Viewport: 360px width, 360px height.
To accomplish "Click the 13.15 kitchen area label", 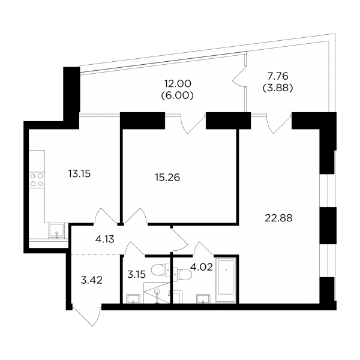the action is (79, 174).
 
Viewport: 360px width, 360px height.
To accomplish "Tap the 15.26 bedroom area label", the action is (167, 178).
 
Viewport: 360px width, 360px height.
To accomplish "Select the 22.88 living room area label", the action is (278, 218).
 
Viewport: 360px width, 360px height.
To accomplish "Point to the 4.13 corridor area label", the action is (104, 239).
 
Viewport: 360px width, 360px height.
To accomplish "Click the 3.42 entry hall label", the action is (92, 280).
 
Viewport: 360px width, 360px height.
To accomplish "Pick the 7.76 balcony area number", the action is (278, 76).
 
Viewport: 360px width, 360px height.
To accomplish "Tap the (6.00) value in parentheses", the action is (178, 95).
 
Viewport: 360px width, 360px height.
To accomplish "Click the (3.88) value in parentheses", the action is (278, 88).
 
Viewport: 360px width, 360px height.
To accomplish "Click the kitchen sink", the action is (56, 231).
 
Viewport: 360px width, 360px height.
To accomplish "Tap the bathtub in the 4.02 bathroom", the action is (226, 280).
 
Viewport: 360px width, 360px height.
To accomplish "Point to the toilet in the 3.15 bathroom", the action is (161, 269).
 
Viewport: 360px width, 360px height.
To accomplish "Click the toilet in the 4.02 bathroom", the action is (183, 274).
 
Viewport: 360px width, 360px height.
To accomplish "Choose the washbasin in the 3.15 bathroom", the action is (133, 299).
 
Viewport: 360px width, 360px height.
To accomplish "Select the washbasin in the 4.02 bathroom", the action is (203, 299).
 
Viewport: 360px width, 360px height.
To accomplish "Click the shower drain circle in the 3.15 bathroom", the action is (157, 292).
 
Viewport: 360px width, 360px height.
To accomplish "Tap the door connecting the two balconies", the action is (239, 77).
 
